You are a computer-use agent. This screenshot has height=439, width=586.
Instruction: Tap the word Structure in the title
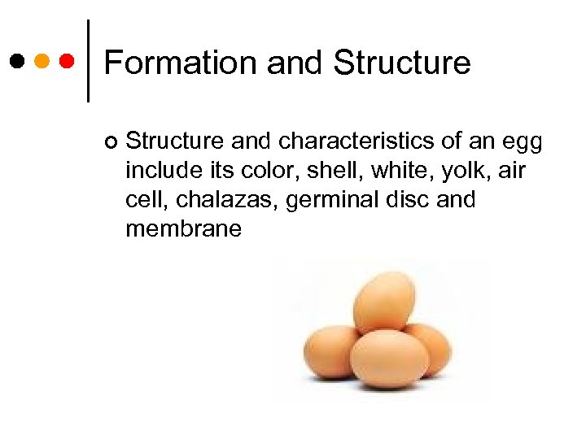pos(402,63)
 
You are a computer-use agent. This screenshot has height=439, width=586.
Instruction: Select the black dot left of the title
pos(17,60)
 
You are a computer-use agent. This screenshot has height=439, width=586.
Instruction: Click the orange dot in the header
pos(42,60)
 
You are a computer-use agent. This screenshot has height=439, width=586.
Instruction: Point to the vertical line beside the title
pos(88,60)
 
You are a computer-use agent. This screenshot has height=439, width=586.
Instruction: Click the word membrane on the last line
pos(183,229)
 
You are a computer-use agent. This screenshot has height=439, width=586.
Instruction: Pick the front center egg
pos(389,359)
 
